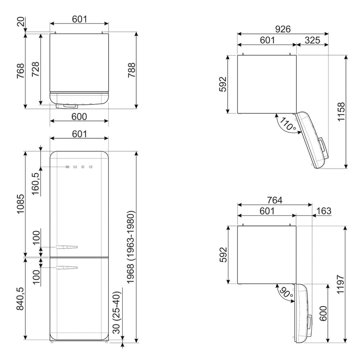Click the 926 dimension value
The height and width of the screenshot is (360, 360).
(283, 29)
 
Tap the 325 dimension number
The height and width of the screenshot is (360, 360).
(312, 40)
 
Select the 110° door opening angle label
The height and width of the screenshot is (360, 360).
(287, 124)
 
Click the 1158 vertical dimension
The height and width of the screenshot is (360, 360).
(341, 112)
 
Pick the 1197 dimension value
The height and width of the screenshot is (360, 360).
(340, 284)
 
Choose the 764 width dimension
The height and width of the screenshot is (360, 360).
(275, 200)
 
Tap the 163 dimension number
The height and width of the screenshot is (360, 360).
(324, 211)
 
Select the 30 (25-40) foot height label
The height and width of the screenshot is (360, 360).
(117, 312)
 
